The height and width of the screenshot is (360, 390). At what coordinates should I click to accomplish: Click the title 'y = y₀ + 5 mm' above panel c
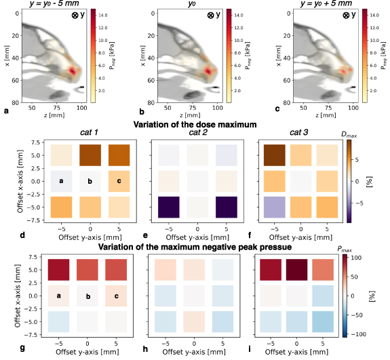[312, 5]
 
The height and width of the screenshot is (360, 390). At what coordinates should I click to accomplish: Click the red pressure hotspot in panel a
[73, 71]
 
